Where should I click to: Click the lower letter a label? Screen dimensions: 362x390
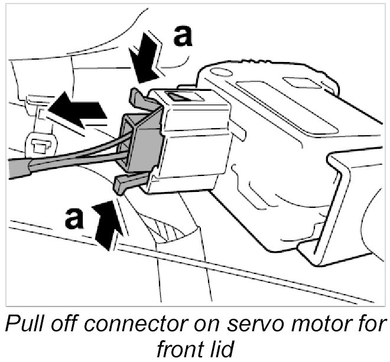[x=74, y=218]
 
